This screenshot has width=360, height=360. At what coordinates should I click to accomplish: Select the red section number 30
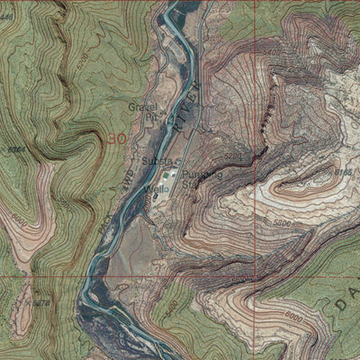[115, 139]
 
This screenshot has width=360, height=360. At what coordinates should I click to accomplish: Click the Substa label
[155, 161]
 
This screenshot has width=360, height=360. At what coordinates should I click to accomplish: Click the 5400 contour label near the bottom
[172, 310]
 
